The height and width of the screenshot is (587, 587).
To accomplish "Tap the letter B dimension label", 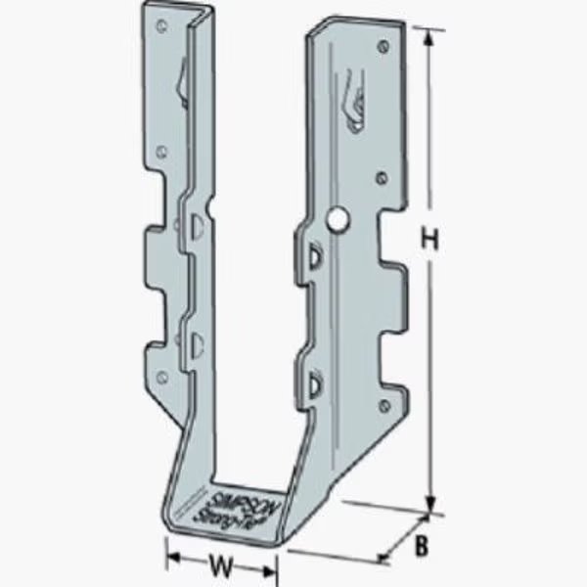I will pos(421,548).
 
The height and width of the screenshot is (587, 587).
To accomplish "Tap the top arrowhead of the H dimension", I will pos(429,33).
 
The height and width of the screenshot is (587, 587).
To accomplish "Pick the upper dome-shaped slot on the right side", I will pos(315,255).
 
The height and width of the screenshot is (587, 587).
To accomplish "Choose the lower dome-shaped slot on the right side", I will pos(313,382).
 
